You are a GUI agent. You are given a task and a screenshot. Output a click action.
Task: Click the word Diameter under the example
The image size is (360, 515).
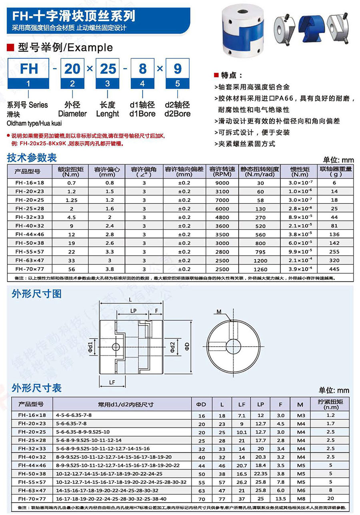(x=72, y=114)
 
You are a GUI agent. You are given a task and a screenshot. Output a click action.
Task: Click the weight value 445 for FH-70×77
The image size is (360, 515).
(x=335, y=269)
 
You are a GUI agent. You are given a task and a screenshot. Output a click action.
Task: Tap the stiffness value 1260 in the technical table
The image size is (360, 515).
(x=261, y=269)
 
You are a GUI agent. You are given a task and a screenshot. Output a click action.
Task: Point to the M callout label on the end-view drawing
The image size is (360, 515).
(x=219, y=312)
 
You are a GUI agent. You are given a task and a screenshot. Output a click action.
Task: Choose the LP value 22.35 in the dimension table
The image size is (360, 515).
(x=261, y=473)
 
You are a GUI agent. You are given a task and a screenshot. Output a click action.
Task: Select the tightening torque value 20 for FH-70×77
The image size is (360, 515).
(x=330, y=499)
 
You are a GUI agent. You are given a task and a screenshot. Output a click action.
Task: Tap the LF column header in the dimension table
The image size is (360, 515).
(x=242, y=405)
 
